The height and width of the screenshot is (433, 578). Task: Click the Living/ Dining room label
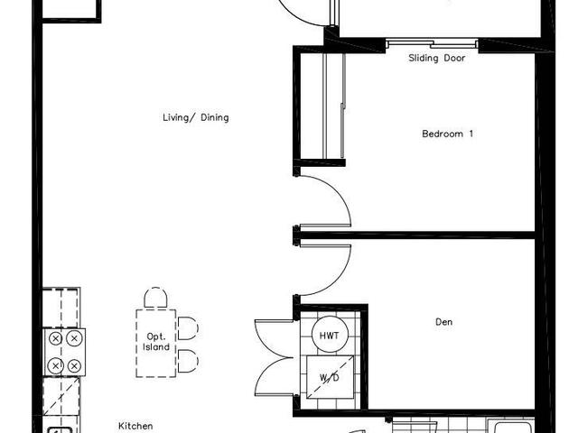[196, 118]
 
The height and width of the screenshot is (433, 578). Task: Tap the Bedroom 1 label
[448, 134]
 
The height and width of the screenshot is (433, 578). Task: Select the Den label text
[443, 322]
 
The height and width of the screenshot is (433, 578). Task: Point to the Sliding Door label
[437, 58]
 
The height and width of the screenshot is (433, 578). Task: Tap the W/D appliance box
[330, 377]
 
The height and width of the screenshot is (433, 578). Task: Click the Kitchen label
[135, 426]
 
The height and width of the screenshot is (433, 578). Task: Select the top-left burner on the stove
[55, 338]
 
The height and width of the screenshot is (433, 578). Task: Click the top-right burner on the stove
[74, 338]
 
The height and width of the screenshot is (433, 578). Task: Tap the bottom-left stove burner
[55, 366]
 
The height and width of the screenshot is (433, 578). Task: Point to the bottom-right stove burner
[74, 366]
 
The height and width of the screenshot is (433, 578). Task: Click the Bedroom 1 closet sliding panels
[334, 106]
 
